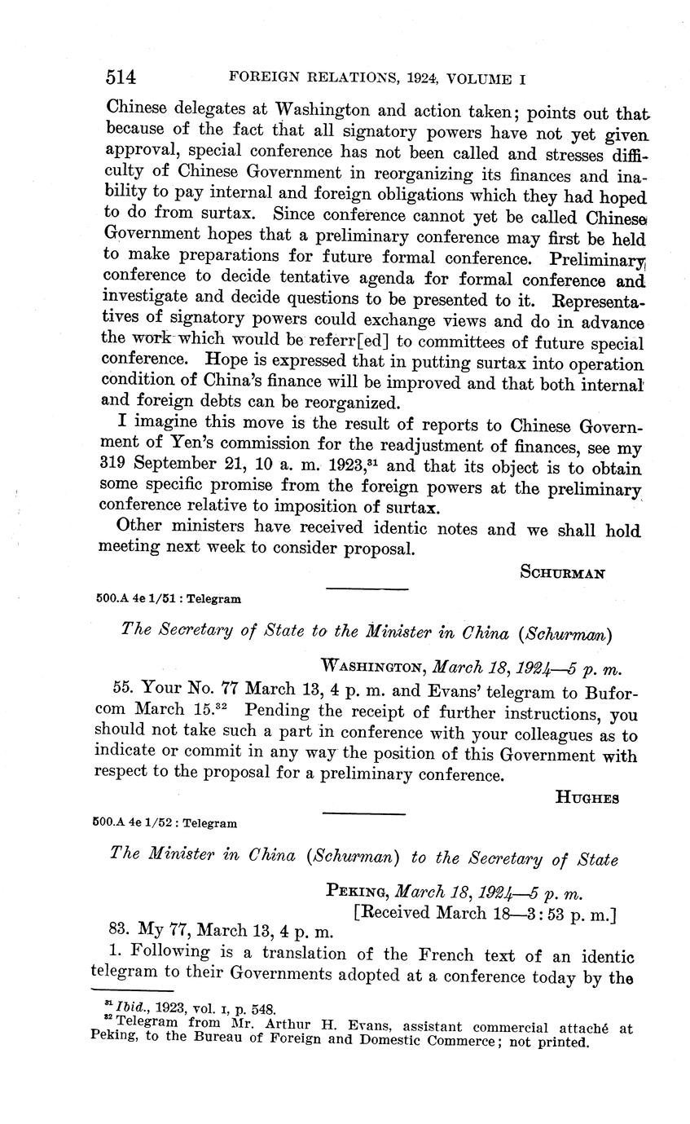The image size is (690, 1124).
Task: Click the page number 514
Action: pyautogui.click(x=120, y=78)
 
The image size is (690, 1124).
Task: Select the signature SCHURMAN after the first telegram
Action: pyautogui.click(x=562, y=572)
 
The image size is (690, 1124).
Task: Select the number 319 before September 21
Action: pyautogui.click(x=113, y=470)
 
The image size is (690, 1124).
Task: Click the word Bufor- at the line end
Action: pyautogui.click(x=609, y=692)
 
